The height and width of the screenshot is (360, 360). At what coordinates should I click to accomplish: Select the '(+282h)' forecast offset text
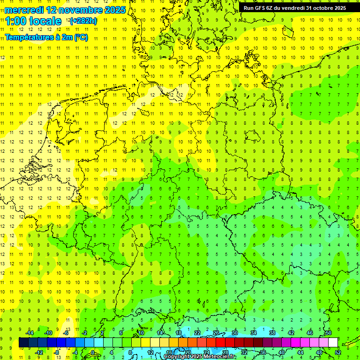pyautogui.click(x=83, y=21)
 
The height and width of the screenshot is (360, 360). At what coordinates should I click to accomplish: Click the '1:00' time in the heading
pyautogui.click(x=16, y=21)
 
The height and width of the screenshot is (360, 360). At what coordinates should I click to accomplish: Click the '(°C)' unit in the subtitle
pyautogui.click(x=81, y=37)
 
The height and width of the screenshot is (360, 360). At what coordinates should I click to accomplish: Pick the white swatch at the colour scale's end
pyautogui.click(x=333, y=343)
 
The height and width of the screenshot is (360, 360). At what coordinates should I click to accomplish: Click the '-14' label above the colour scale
pyautogui.click(x=30, y=333)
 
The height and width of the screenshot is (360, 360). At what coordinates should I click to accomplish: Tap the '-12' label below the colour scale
pyautogui.click(x=39, y=352)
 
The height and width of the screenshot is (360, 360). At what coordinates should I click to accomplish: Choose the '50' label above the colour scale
pyautogui.click(x=329, y=333)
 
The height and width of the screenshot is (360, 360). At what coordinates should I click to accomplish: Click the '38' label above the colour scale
pyautogui.click(x=272, y=333)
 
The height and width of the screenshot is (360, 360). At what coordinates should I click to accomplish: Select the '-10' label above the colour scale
pyautogui.click(x=48, y=333)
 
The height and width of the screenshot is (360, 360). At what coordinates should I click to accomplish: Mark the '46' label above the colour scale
pyautogui.click(x=310, y=333)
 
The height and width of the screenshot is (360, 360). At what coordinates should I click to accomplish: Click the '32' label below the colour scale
pyautogui.click(x=244, y=352)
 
